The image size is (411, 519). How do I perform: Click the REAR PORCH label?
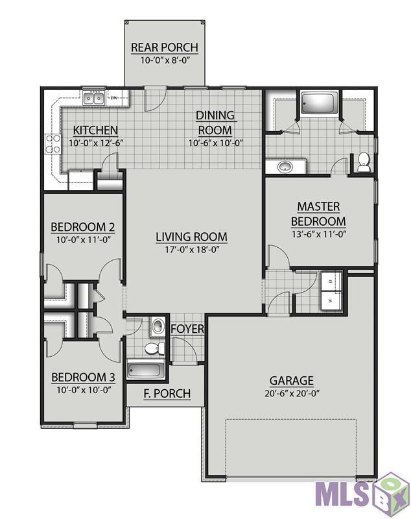coord(165,47)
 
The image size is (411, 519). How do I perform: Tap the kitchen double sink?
coord(93,99)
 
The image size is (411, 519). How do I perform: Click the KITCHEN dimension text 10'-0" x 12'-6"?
coord(96,143)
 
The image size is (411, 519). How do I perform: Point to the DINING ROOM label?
coord(215,123)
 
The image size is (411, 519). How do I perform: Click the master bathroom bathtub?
coord(319,103)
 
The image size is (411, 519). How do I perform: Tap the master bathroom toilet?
coord(364,162)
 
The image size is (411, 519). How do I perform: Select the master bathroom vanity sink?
coord(284,167)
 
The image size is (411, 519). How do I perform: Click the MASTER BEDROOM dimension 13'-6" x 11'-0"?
coord(319,234)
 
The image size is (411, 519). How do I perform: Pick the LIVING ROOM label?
coord(192,237)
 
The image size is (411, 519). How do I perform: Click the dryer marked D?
coord(331,282)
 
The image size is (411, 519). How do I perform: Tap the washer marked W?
coord(331,301)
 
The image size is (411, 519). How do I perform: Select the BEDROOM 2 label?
coord(83,228)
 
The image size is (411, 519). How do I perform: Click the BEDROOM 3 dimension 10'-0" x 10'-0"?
coord(84,390)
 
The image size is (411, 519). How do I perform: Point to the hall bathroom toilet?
coord(155,348)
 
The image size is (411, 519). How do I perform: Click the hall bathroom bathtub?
coord(146,370)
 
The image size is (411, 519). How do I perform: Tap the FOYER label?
coord(187,329)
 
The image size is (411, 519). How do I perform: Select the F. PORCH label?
coord(167,394)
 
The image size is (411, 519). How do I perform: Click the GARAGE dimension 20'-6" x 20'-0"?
coord(292,394)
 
